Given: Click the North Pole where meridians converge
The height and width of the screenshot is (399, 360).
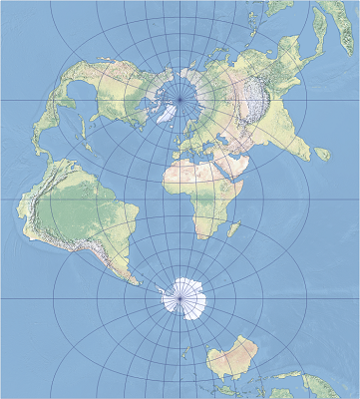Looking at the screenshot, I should pos(180,99).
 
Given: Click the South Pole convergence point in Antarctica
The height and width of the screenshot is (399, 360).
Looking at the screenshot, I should pos(180,297).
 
